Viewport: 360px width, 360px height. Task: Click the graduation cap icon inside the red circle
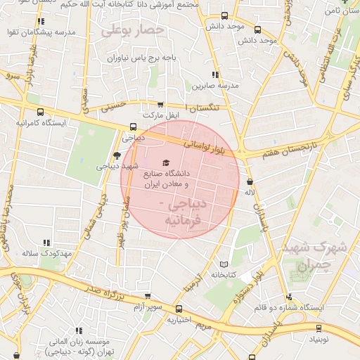click(165, 163)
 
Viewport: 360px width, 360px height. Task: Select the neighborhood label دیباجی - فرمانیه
click(183, 212)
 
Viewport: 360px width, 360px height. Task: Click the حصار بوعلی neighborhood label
click(133, 31)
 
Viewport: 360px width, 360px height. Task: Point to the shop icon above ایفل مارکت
click(161, 104)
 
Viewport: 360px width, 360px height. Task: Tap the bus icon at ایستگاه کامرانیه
click(40, 112)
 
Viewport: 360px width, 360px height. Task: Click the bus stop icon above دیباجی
click(133, 127)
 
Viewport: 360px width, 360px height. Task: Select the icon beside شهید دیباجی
click(117, 156)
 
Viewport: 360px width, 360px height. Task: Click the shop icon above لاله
click(250, 182)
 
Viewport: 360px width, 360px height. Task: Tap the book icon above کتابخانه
click(224, 264)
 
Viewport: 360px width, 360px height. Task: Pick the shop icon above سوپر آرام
click(147, 297)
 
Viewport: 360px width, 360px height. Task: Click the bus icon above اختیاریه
click(178, 308)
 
